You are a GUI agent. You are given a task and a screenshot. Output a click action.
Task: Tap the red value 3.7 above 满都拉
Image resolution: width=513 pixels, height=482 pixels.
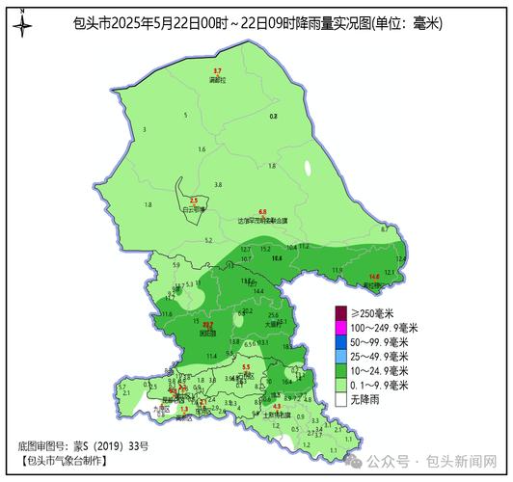217,72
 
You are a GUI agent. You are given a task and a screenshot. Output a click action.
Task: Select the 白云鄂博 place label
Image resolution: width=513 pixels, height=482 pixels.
194,207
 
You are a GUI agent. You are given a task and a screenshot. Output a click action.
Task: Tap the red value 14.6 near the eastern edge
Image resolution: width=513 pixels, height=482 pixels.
374,277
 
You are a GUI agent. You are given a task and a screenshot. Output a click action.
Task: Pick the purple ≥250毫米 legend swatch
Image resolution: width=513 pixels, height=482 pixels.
340,313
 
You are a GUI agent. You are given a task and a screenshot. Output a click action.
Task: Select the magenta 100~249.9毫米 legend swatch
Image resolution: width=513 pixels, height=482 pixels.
340,328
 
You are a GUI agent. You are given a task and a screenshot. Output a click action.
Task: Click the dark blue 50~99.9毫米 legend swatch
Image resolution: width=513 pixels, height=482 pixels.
340,342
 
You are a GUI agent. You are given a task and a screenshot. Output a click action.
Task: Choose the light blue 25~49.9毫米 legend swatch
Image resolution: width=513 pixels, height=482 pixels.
340,356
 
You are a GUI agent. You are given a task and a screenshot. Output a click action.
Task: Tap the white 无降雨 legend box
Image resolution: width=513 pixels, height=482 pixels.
340,398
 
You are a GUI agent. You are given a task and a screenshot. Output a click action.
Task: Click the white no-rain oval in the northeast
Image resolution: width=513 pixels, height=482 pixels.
309,167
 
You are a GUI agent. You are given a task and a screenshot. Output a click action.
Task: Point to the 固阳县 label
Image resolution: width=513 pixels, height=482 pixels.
207,334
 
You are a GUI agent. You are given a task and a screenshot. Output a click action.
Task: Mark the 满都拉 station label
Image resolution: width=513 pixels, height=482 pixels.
217,81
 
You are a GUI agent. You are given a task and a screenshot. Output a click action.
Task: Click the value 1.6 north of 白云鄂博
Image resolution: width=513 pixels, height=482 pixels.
202,149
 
